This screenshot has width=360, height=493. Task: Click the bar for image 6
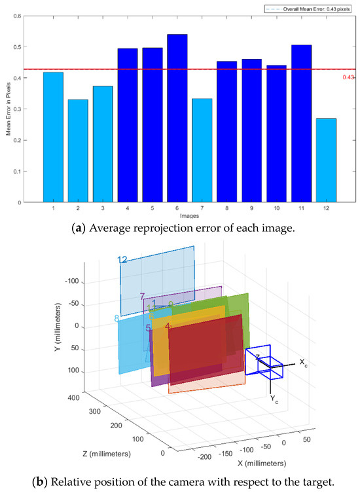(x=177, y=118)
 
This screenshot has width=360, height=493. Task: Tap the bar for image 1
(x=53, y=137)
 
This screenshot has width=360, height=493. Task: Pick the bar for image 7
(x=202, y=150)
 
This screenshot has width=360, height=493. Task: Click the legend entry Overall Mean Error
(x=308, y=9)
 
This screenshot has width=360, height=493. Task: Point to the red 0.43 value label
(x=348, y=78)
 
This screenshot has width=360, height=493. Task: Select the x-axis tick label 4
(x=128, y=208)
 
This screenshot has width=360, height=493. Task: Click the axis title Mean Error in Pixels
(x=9, y=108)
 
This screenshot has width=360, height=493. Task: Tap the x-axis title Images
(x=190, y=215)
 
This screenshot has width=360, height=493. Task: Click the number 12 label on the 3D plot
(x=122, y=260)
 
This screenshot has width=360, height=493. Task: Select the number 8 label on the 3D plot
(x=117, y=319)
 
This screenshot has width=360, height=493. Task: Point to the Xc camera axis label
(x=303, y=362)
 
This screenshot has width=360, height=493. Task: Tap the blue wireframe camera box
(x=263, y=363)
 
